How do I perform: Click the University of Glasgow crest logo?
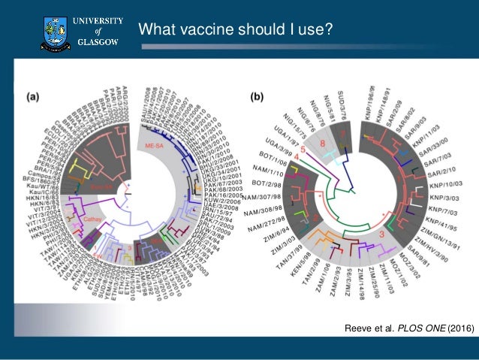(54, 30)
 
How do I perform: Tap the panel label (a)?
(35, 96)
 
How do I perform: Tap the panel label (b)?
(257, 96)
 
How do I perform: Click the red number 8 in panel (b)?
(322, 143)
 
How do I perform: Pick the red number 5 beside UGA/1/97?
(302, 150)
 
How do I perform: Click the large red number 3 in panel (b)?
(381, 235)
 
